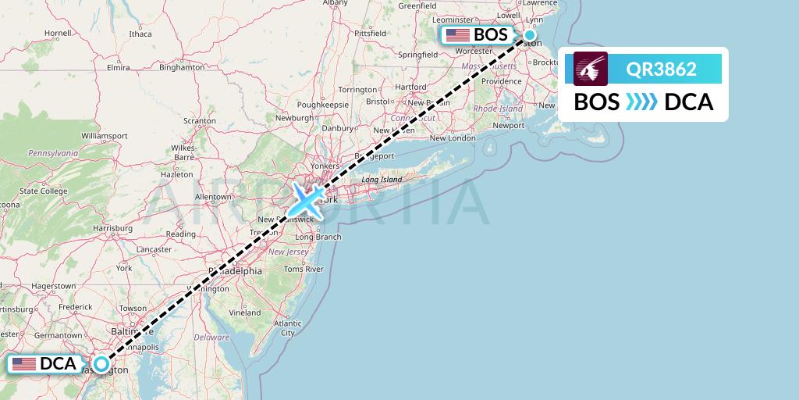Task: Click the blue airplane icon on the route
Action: pos(307,200)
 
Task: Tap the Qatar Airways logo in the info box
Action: pos(591,69)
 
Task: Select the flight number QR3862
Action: pos(661,69)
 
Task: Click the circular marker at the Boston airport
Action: pos(530,34)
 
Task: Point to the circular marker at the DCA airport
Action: pos(101,363)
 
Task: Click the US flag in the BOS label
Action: pos(457,35)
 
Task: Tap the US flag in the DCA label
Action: pos(24,364)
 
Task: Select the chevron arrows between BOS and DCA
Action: pos(642,102)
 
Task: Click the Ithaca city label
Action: pos(140,34)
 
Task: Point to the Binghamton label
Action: pos(181,68)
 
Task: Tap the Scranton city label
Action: pos(199,121)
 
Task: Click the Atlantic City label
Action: pos(288,327)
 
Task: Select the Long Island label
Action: pos(381,180)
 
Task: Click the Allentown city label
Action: pos(214,196)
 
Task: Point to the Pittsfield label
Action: pos(370,34)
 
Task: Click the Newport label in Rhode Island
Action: pos(509,125)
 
